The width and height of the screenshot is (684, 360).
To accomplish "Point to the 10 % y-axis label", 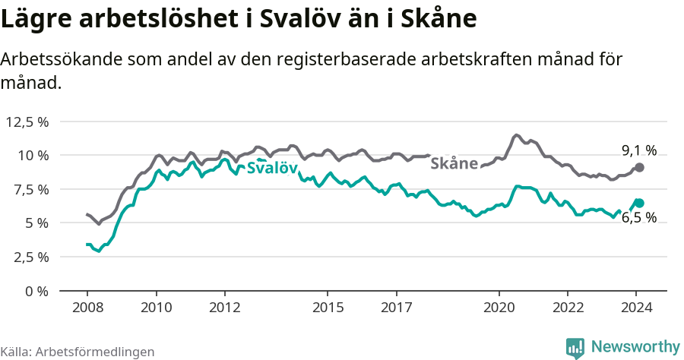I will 32,155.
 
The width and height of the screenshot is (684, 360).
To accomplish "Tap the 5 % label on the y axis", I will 36,223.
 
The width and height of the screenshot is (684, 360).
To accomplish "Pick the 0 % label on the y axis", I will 36,291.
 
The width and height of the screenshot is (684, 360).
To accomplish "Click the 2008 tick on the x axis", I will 87,308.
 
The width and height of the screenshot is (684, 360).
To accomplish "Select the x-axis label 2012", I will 225,308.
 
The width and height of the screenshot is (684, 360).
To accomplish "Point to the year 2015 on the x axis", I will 328,308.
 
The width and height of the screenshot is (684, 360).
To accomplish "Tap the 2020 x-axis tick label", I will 499,308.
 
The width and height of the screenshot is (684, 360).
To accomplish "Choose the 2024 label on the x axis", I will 637,308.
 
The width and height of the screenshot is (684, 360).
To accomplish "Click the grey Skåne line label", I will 454,163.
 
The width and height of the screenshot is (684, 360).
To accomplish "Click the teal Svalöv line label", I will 272,169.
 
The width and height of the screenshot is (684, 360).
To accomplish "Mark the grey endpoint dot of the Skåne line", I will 639,167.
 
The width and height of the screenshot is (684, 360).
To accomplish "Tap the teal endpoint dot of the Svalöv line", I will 639,203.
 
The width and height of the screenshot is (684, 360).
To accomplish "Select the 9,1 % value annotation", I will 639,150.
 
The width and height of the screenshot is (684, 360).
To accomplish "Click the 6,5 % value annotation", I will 639,218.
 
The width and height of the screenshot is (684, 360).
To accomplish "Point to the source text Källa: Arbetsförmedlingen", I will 78,352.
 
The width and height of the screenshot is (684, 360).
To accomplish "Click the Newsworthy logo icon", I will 575,348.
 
